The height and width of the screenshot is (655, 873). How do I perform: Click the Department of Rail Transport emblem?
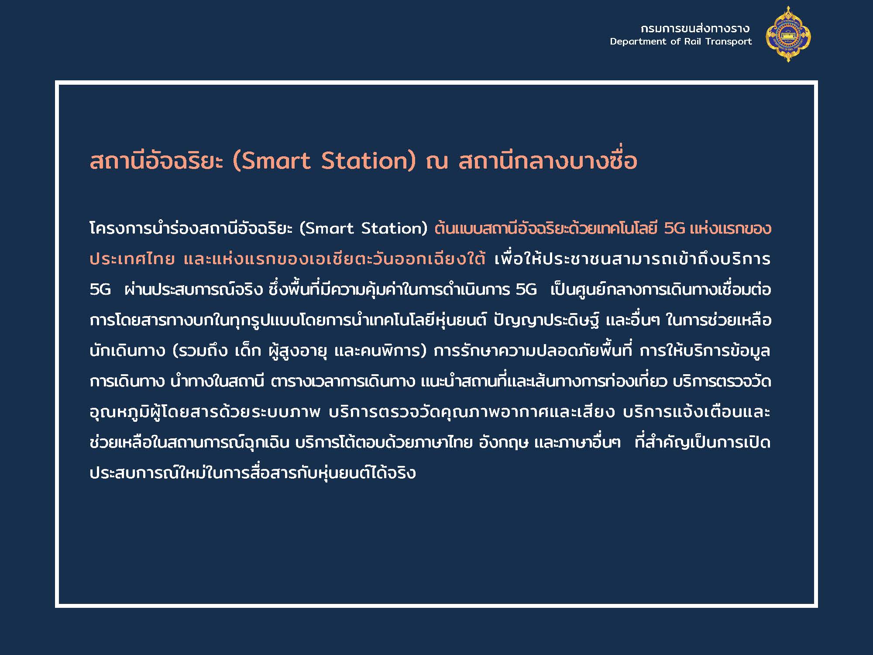(x=788, y=34)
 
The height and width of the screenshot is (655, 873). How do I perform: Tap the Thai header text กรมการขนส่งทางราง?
(x=695, y=29)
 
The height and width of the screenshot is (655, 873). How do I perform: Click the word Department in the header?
(x=639, y=41)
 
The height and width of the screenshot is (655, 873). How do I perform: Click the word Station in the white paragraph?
(x=391, y=228)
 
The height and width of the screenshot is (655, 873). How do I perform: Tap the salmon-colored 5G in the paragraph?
(x=674, y=228)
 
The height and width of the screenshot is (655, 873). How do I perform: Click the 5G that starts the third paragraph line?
(x=100, y=290)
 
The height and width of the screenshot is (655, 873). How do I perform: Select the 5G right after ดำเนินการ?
(x=526, y=290)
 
